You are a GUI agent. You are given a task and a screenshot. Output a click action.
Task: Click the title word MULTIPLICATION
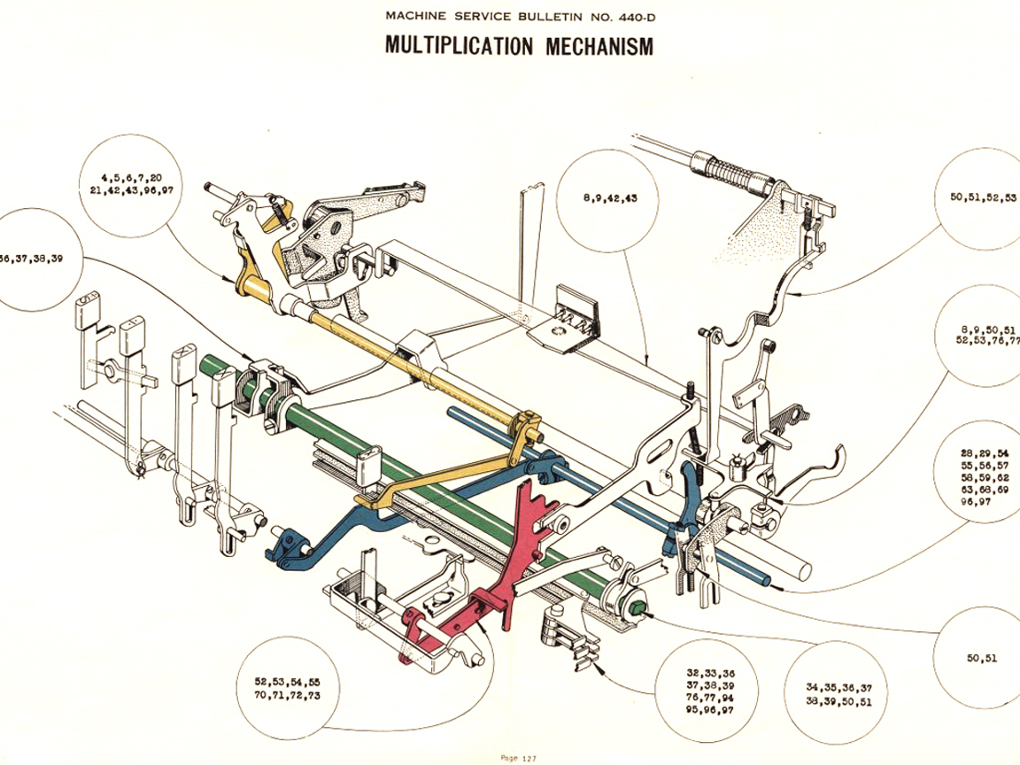click(x=459, y=45)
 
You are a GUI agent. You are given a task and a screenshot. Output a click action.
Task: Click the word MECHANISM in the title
click(x=599, y=45)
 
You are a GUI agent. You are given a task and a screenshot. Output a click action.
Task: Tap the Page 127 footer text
click(x=518, y=758)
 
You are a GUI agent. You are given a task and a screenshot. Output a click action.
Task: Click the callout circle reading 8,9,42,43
click(x=610, y=198)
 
